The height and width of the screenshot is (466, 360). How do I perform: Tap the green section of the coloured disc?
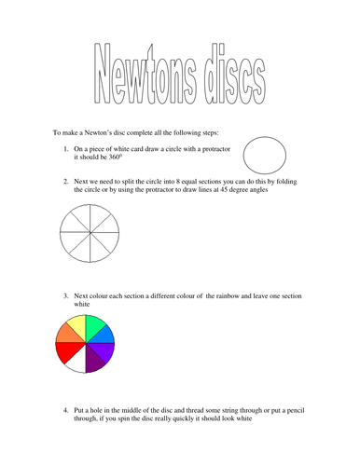click(x=97, y=326)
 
